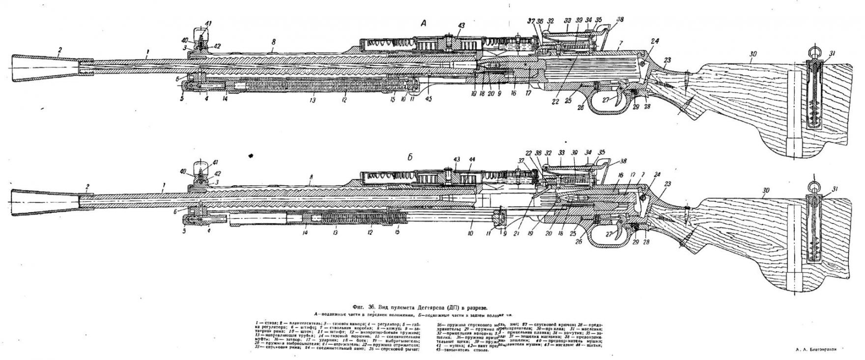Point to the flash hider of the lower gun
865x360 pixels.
point(44,202)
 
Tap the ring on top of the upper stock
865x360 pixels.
point(815,51)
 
